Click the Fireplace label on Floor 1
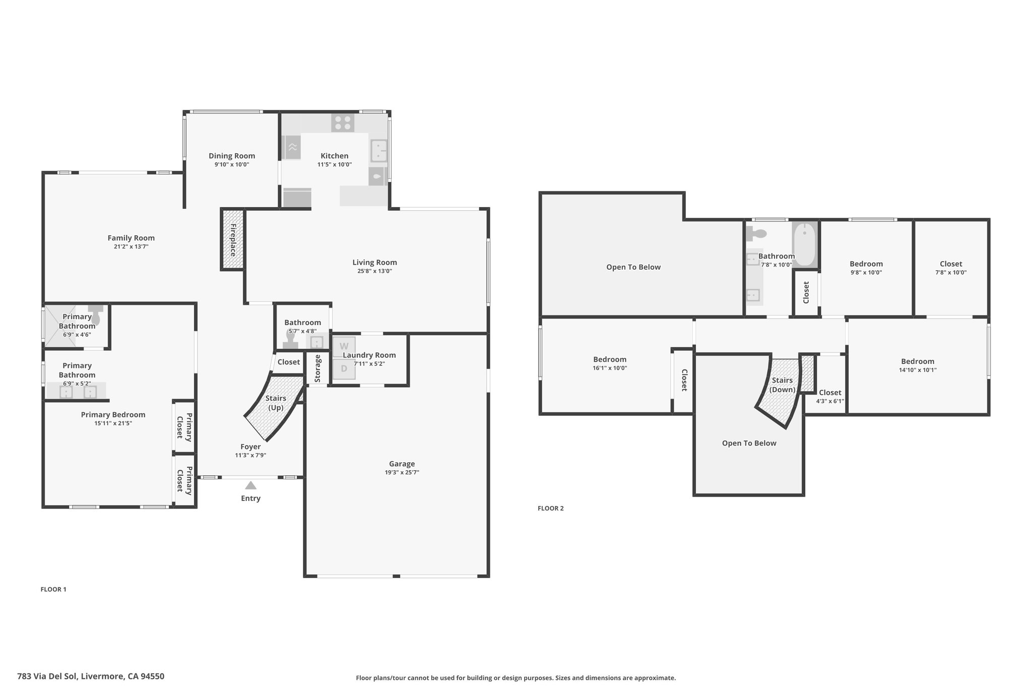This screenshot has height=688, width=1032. point(233,240)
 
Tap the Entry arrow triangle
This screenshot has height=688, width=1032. point(250,485)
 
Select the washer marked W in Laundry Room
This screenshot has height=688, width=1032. point(344,347)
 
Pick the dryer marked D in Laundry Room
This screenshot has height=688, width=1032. point(344,368)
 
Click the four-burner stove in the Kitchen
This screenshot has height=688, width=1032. point(343,122)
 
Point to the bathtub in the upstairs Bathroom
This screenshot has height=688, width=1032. point(804,245)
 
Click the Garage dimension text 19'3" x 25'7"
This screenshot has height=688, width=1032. point(402,472)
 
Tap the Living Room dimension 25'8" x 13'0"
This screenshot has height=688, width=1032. point(374,271)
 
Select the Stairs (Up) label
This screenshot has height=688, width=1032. point(276,403)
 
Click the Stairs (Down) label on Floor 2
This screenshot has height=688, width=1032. point(782,385)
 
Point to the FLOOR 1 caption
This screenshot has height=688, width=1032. point(53,589)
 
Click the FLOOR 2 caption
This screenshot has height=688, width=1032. point(551,508)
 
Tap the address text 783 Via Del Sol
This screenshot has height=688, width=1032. point(47,676)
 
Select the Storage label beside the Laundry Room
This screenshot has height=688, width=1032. point(318,368)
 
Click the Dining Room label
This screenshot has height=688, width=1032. point(232,156)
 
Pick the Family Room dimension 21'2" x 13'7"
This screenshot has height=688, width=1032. point(131,247)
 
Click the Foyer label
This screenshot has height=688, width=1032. point(250,447)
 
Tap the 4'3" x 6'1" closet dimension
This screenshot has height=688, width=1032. point(830,401)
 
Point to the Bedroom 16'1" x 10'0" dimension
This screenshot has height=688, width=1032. point(610,368)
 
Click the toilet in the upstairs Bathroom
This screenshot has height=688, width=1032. point(757,233)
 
